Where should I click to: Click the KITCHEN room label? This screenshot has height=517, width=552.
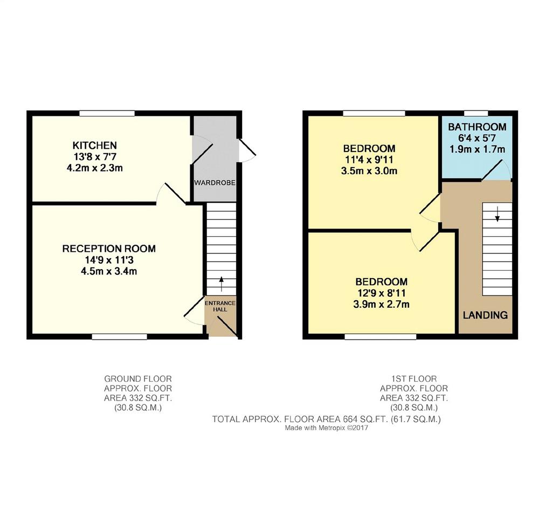coord(94,145)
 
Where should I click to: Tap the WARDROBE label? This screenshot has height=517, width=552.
coord(215,183)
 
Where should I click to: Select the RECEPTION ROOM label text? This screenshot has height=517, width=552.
coord(109,249)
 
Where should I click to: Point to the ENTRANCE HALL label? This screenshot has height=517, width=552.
coord(220,306)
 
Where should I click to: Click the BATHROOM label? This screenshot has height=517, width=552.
coord(477,127)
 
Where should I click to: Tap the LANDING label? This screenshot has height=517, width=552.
coord(485,315)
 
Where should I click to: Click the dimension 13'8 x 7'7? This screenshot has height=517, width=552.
coord(94,156)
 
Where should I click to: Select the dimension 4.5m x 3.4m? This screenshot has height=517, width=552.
coord(109,271)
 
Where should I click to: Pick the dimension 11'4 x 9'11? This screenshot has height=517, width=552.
coord(369,160)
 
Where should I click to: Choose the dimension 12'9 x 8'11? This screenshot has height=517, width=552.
coord(381,293)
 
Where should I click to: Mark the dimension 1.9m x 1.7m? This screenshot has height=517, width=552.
coord(477,149)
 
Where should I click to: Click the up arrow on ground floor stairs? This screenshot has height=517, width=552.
coord(221,284)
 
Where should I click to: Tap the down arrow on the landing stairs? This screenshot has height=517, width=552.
coord(497,214)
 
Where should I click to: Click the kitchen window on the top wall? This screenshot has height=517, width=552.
coord(107,113)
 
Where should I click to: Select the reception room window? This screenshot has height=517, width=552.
coord(120,337)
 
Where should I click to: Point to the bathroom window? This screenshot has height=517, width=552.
coord(476,113)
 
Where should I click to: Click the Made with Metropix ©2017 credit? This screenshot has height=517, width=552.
coord(326,428)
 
